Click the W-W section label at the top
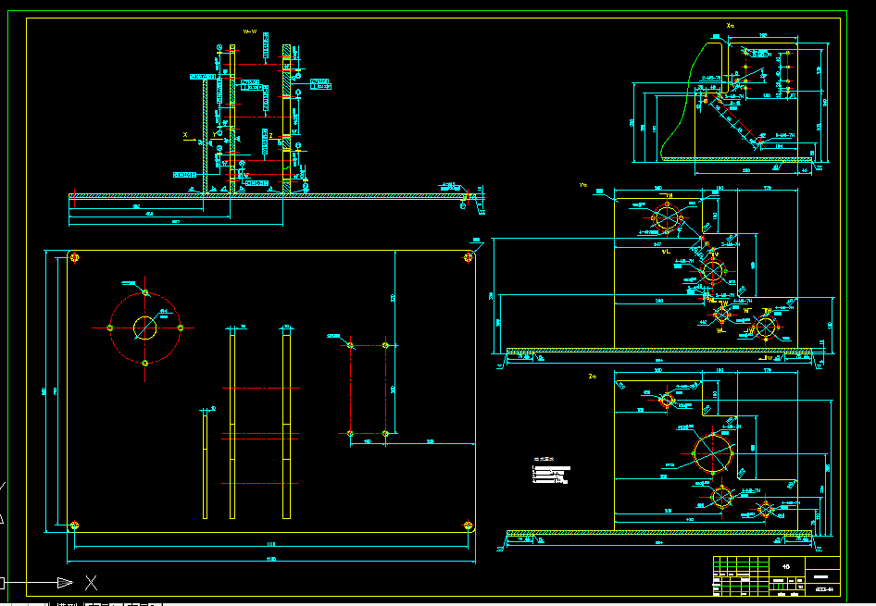click(x=249, y=31)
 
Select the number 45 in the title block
click(x=786, y=566)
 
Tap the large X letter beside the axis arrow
click(x=91, y=582)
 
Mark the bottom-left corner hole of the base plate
click(x=74, y=526)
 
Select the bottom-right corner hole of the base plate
click(x=469, y=526)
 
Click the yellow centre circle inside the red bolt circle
click(x=145, y=328)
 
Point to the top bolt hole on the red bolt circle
click(x=145, y=291)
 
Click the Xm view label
click(x=730, y=25)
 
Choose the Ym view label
click(x=583, y=185)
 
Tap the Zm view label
click(x=592, y=377)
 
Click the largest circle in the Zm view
click(x=714, y=451)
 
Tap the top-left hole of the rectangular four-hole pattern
click(x=350, y=344)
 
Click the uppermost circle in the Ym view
click(x=667, y=218)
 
